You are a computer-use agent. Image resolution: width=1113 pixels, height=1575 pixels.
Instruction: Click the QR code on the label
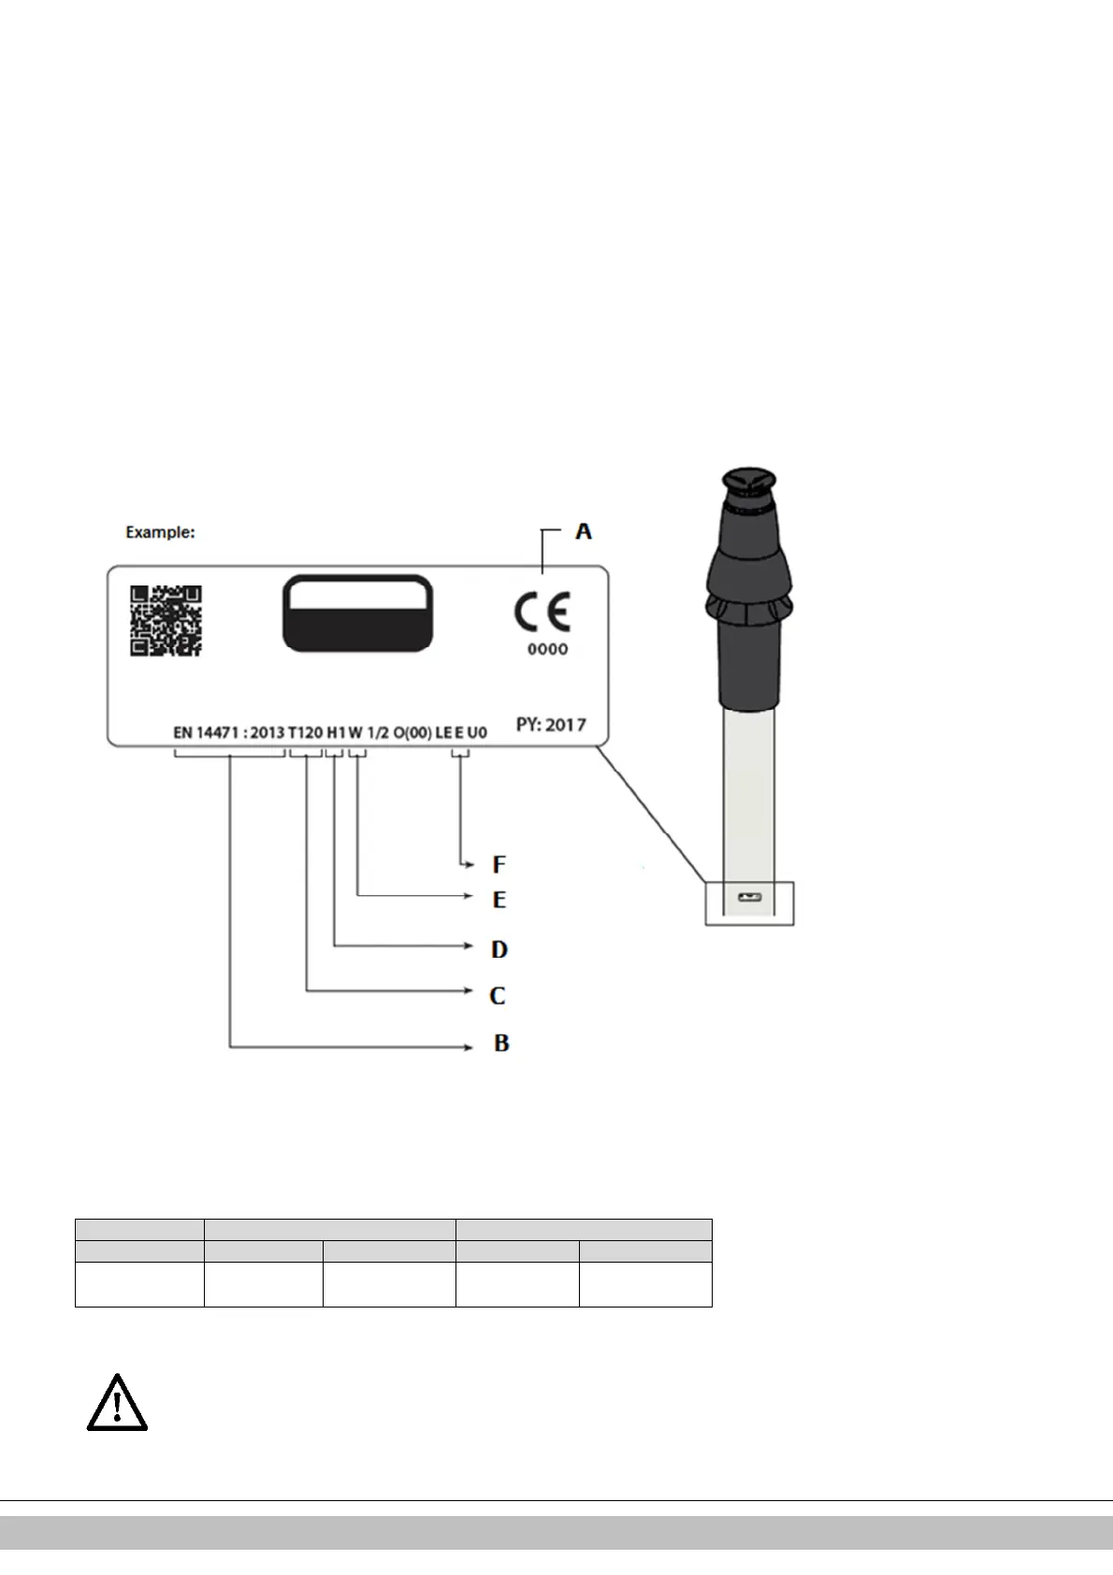pyautogui.click(x=166, y=621)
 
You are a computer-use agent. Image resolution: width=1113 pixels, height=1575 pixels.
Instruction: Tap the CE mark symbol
pyautogui.click(x=542, y=613)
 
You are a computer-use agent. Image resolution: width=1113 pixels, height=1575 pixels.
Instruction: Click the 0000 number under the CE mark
pyautogui.click(x=548, y=649)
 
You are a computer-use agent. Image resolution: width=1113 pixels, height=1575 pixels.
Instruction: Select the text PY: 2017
pyautogui.click(x=551, y=724)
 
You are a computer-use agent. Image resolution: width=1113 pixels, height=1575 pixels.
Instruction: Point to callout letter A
pyautogui.click(x=584, y=531)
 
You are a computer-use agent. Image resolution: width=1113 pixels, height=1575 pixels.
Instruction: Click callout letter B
pyautogui.click(x=501, y=1043)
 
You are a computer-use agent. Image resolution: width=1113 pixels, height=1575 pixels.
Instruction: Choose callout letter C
pyautogui.click(x=497, y=996)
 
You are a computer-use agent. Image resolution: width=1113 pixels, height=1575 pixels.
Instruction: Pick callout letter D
pyautogui.click(x=499, y=949)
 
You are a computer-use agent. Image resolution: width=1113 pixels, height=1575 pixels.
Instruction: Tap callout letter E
pyautogui.click(x=499, y=900)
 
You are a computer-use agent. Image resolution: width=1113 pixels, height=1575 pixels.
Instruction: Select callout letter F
pyautogui.click(x=499, y=864)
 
